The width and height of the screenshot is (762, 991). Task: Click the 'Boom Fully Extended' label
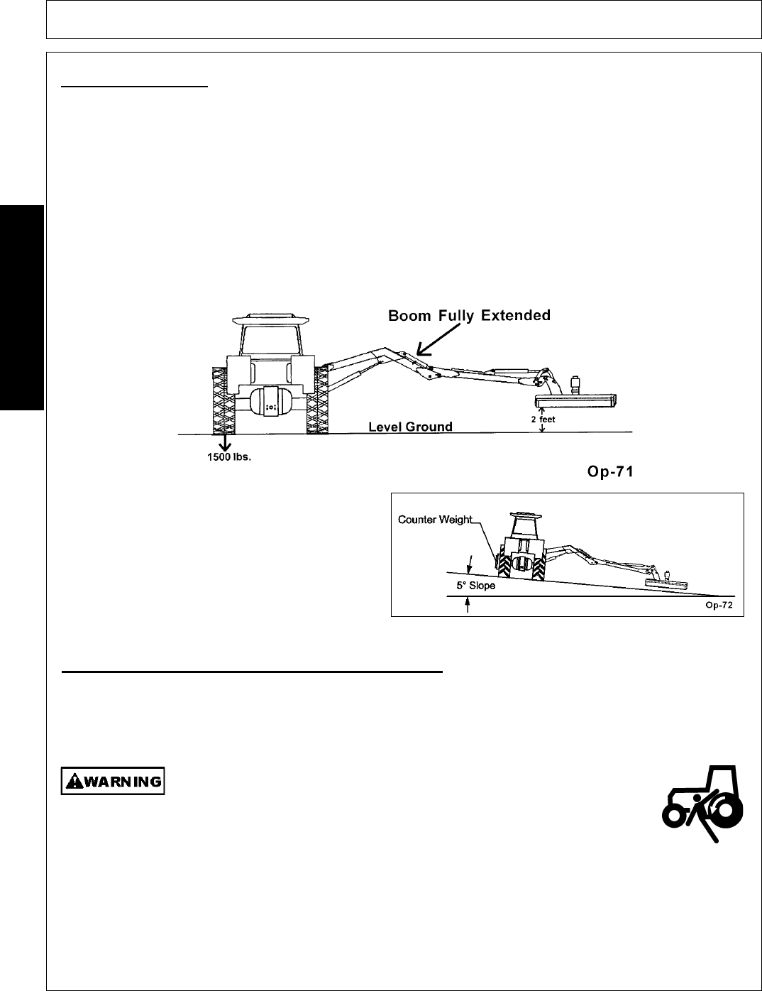point(469,316)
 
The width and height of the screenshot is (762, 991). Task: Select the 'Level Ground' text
point(410,427)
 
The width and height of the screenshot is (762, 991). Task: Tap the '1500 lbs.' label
point(224,458)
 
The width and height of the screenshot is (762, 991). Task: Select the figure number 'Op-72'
point(717,606)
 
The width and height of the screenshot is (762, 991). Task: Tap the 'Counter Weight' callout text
point(435,520)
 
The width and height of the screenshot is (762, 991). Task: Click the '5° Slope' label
point(475,586)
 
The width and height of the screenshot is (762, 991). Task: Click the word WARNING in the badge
point(123,782)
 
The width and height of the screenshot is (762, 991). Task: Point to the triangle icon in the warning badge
point(72,782)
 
